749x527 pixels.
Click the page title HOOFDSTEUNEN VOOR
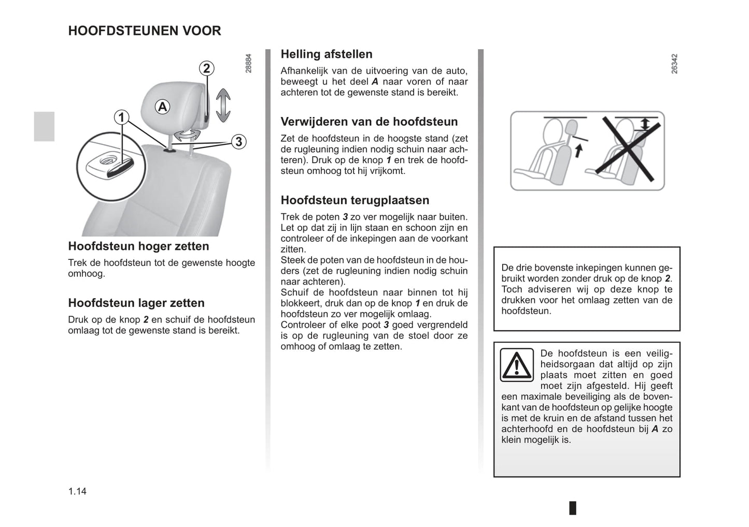click(145, 31)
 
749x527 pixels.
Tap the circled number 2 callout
click(206, 68)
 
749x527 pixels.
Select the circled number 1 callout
click(121, 118)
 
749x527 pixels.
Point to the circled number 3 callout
click(238, 141)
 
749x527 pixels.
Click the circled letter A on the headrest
click(162, 107)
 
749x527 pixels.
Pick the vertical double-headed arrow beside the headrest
click(223, 105)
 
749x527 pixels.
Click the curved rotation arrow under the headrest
click(187, 135)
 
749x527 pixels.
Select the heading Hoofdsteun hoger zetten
click(138, 246)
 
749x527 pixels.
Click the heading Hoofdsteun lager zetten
click(136, 303)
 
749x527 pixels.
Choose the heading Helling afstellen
click(327, 54)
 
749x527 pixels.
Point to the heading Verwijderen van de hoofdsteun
click(369, 122)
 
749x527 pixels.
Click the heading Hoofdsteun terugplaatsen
click(355, 200)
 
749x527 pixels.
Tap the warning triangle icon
click(517, 365)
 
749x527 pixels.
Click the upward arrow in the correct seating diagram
click(579, 150)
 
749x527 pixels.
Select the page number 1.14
click(77, 491)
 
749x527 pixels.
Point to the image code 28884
click(248, 63)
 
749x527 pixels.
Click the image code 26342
click(674, 63)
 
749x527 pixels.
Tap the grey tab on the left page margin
click(45, 126)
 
